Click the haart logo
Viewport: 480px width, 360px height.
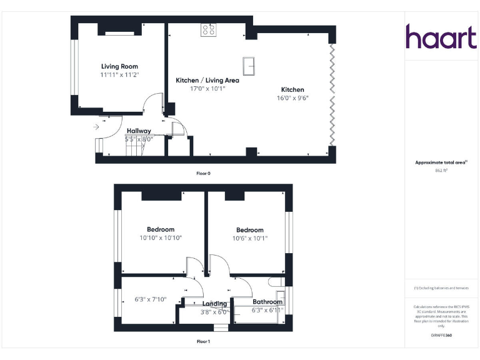[x=441, y=37]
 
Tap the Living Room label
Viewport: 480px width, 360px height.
[x=119, y=66]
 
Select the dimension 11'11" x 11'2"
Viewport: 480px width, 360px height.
[x=119, y=75]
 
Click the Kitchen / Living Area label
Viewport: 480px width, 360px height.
[x=207, y=81]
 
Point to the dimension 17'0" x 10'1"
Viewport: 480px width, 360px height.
[x=207, y=89]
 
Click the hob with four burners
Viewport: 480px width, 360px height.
[x=208, y=29]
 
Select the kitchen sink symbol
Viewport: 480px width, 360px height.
[x=248, y=65]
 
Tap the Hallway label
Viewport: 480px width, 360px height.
[x=139, y=131]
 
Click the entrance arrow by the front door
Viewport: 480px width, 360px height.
[x=95, y=127]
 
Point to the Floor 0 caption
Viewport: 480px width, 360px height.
[x=203, y=173]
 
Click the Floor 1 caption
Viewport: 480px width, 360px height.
[x=203, y=342]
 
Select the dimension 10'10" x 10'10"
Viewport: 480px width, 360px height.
[x=161, y=238]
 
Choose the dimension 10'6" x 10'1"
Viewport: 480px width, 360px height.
[x=249, y=238]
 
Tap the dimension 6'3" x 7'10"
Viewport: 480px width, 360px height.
[x=151, y=299]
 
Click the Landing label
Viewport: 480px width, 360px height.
[x=214, y=304]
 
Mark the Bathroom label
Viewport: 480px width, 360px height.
[x=267, y=302]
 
